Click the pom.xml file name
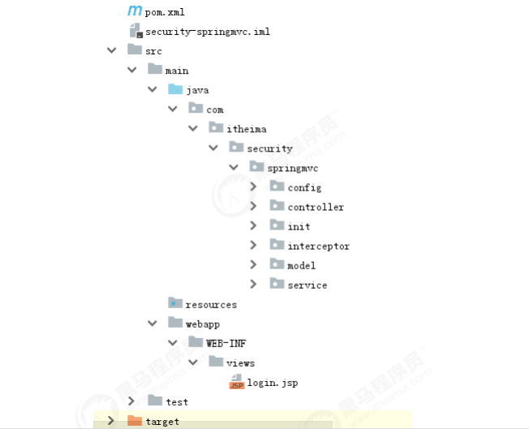(165, 12)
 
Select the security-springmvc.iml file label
(207, 32)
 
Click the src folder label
(153, 51)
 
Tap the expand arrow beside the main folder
(131, 71)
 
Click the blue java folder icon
(175, 89)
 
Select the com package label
(214, 109)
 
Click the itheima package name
(246, 129)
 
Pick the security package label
(269, 148)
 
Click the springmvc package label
(293, 168)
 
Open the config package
(304, 187)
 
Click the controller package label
(316, 207)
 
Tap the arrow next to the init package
(253, 226)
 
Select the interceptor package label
(318, 246)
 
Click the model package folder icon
(277, 264)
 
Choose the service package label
(307, 285)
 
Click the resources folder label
(211, 304)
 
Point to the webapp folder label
(202, 324)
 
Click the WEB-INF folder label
(226, 343)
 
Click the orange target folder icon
(135, 420)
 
